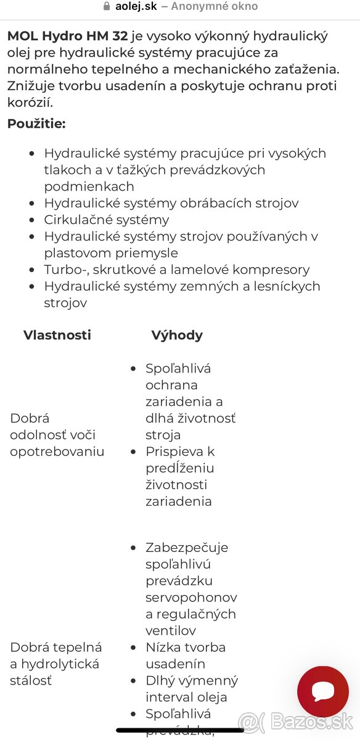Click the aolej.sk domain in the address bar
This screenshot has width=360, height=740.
click(136, 7)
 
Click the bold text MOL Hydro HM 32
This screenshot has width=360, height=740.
click(67, 36)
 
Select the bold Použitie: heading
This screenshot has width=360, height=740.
click(36, 123)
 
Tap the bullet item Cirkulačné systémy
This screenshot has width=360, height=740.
click(106, 220)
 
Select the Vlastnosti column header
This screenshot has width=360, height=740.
click(57, 335)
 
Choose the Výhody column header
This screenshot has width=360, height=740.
click(177, 335)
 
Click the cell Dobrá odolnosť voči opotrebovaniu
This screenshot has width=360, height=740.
click(57, 435)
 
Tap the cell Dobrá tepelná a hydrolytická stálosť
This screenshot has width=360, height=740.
click(55, 664)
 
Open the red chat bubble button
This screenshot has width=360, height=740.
click(323, 691)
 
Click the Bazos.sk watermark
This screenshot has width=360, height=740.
click(296, 721)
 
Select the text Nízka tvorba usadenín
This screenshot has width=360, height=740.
click(185, 656)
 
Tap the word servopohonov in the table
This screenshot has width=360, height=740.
click(191, 598)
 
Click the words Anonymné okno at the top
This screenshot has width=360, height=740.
click(215, 7)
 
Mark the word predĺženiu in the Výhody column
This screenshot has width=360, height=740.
click(179, 468)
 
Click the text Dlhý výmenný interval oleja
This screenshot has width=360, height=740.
click(191, 689)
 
